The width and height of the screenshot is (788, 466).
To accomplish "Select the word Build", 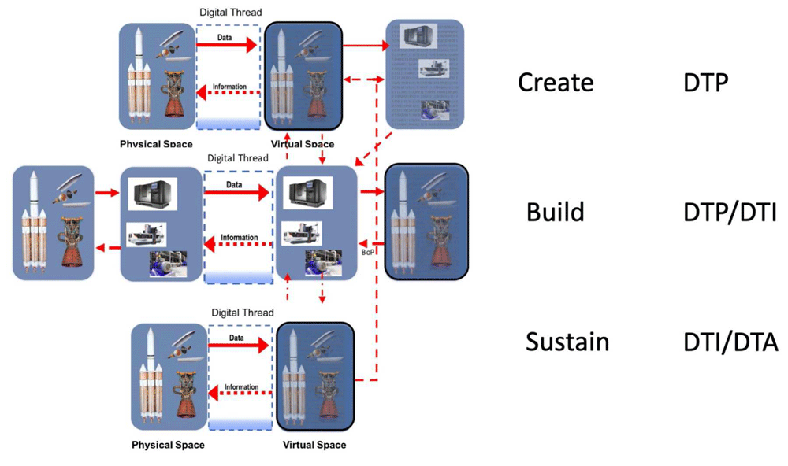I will pyautogui.click(x=556, y=213).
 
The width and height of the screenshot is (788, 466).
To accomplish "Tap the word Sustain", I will pyautogui.click(x=567, y=342).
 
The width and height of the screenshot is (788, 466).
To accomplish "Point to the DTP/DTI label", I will pyautogui.click(x=730, y=213).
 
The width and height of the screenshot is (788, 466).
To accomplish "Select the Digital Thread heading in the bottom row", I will pyautogui.click(x=242, y=313).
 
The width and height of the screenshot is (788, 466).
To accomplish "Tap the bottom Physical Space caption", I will pyautogui.click(x=168, y=445).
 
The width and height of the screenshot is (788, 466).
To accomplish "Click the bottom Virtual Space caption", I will pyautogui.click(x=314, y=445).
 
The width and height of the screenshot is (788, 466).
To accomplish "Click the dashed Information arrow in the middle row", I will pyautogui.click(x=238, y=244).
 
